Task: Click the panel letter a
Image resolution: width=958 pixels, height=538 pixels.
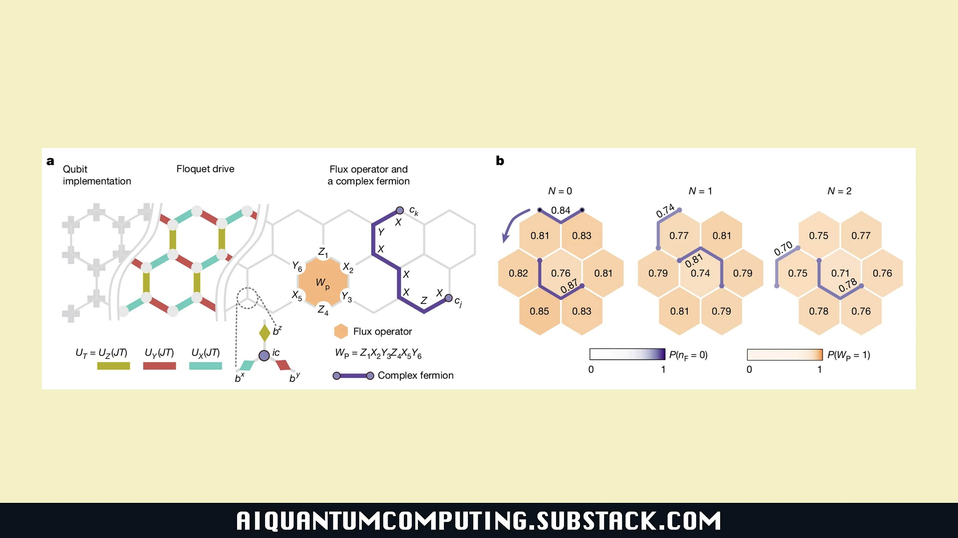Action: [x=50, y=161]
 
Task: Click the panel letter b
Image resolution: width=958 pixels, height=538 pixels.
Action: [x=500, y=161]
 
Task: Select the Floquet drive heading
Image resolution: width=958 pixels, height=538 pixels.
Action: [x=205, y=169]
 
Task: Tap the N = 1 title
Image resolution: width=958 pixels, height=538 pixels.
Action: [x=700, y=191]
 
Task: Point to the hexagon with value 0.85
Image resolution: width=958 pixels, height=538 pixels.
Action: [x=539, y=311]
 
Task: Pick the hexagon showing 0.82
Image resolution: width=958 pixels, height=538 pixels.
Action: [x=518, y=273]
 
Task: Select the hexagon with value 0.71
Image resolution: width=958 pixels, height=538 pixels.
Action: [x=840, y=273]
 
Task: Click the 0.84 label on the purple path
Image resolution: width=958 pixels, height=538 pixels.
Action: [x=560, y=210]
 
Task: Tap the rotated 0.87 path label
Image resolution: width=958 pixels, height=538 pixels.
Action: [x=569, y=286]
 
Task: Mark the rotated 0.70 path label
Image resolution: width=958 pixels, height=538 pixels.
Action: [x=783, y=248]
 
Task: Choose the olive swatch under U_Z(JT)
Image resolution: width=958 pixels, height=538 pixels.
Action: [x=113, y=366]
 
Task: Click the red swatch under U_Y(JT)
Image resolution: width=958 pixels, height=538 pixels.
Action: [x=159, y=366]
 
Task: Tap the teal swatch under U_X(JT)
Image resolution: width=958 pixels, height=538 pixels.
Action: [x=205, y=366]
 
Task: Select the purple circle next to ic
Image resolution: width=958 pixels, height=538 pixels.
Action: [x=264, y=355]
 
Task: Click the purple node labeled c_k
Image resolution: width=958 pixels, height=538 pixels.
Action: [x=400, y=210]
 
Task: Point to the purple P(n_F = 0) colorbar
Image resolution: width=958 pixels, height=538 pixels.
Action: [x=627, y=354]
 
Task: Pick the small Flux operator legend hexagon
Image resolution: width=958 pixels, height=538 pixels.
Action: [x=340, y=332]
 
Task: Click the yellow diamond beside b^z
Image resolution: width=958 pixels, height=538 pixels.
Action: [x=265, y=332]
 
